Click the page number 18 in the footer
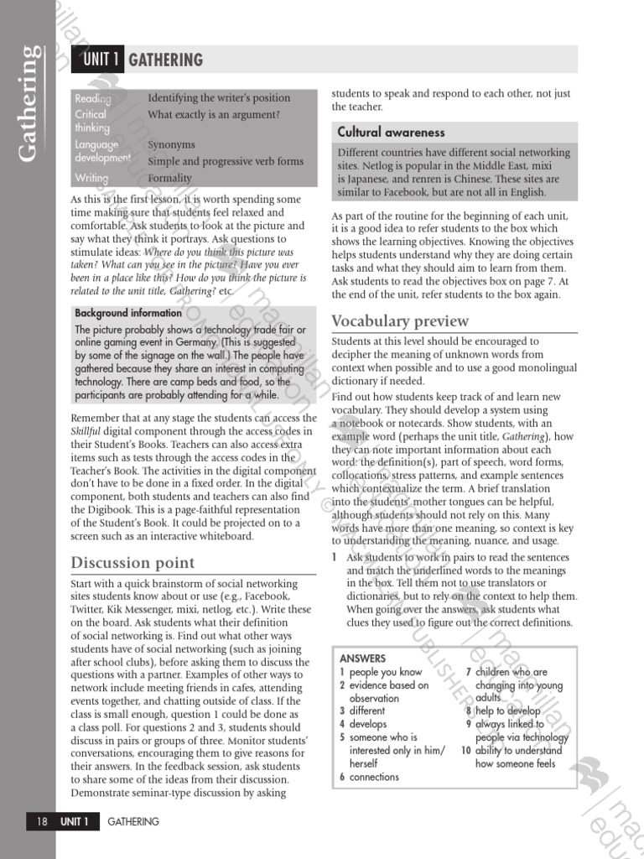[41, 821]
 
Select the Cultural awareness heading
[391, 133]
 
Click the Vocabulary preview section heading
[400, 321]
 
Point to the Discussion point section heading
[132, 562]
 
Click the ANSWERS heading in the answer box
[362, 659]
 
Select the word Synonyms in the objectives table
[171, 144]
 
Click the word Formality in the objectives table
[169, 178]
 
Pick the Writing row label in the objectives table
[91, 178]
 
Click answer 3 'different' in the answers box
[368, 711]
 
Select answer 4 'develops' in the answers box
[368, 724]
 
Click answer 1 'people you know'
[386, 672]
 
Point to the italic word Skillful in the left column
[85, 431]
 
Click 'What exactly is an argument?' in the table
[213, 114]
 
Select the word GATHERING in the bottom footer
[133, 821]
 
